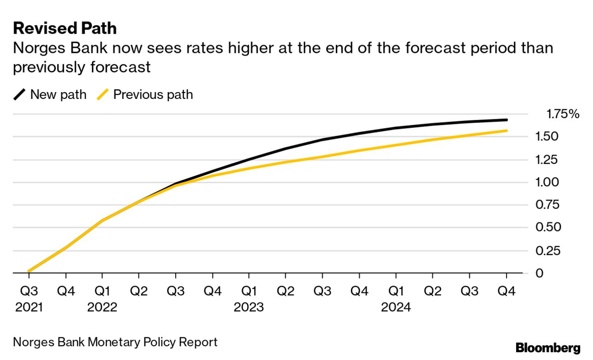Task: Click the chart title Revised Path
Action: pyautogui.click(x=65, y=29)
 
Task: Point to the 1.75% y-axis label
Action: pyautogui.click(x=563, y=114)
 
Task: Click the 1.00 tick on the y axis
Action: pyautogui.click(x=547, y=182)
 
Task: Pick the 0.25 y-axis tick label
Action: pyautogui.click(x=547, y=250)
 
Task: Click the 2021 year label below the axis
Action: pyautogui.click(x=29, y=307)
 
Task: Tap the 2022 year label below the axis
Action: pyautogui.click(x=102, y=307)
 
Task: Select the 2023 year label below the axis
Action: pyautogui.click(x=249, y=307)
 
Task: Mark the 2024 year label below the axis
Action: pyautogui.click(x=396, y=307)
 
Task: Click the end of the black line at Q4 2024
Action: pyautogui.click(x=506, y=120)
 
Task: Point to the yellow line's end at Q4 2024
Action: pyautogui.click(x=506, y=131)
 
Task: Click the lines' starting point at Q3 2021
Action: pyautogui.click(x=29, y=271)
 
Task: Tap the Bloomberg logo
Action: pyautogui.click(x=548, y=348)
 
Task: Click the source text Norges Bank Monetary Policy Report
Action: pyautogui.click(x=115, y=343)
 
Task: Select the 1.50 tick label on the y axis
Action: pyautogui.click(x=547, y=137)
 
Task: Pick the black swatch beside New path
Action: pyautogui.click(x=20, y=95)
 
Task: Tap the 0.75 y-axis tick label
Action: pyautogui.click(x=547, y=205)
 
